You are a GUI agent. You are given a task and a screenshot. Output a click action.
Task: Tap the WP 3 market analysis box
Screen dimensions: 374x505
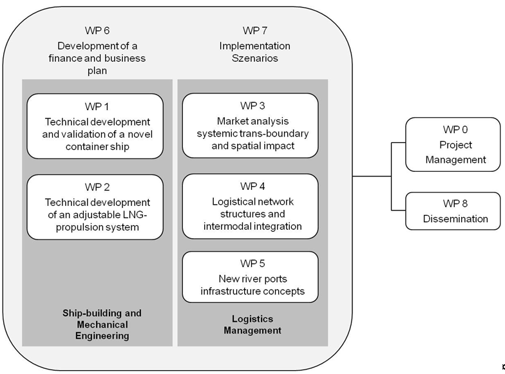pos(250,125)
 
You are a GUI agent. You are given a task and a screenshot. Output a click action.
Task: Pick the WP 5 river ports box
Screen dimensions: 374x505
pos(250,277)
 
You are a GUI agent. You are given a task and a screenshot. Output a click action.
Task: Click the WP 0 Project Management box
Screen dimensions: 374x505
pos(454,145)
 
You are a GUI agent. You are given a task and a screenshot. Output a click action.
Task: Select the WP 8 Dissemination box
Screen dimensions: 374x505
pos(454,210)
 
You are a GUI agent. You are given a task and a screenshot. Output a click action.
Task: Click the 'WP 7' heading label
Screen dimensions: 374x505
pos(255,31)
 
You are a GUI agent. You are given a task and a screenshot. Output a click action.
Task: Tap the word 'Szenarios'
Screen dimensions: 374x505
pos(255,59)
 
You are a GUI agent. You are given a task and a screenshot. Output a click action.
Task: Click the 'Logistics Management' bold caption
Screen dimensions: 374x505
pos(252,324)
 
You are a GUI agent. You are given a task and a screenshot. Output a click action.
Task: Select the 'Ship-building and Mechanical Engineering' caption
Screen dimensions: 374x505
pos(102,324)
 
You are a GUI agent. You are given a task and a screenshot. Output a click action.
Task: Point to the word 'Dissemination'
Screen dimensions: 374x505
pos(455,219)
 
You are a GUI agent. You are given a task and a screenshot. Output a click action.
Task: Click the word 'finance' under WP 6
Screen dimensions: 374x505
pos(78,59)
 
